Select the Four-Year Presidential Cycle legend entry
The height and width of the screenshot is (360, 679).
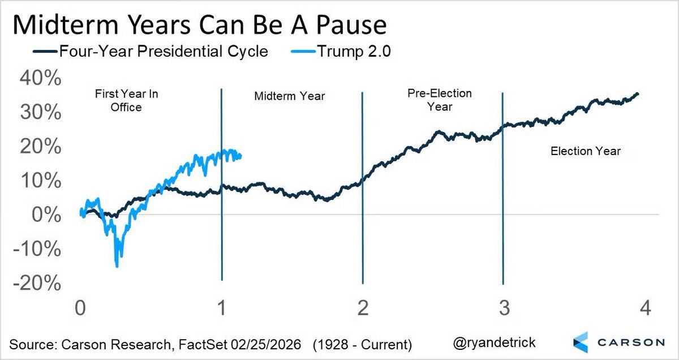point(150,52)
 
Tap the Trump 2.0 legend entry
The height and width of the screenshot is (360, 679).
point(342,52)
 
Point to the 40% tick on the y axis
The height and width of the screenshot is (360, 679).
point(41,79)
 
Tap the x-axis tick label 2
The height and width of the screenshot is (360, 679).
point(362,309)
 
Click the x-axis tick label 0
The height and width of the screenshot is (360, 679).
point(81,309)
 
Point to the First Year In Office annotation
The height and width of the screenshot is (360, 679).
point(126,100)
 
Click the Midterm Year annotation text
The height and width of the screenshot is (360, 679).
point(289,96)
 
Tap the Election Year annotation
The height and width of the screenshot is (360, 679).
point(586,151)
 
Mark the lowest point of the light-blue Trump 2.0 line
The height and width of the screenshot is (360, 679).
point(117,266)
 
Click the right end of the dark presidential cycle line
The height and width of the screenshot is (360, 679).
point(638,93)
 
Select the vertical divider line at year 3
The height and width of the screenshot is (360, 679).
point(502,187)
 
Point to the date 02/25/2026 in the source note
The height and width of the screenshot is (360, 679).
point(276,343)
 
